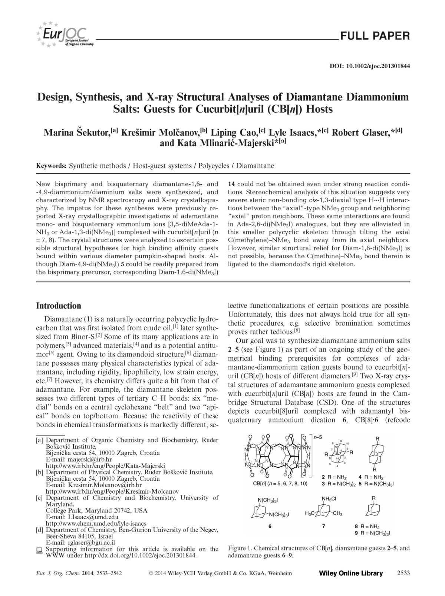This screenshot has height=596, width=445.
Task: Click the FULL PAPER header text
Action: coord(375,36)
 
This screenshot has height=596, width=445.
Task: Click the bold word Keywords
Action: coord(51,166)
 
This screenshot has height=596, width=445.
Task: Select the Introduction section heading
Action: coord(58,306)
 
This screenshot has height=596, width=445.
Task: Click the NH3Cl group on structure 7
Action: coord(329,499)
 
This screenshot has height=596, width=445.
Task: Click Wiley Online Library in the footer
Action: coord(350,573)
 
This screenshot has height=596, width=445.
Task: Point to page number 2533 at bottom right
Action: coord(403,573)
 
